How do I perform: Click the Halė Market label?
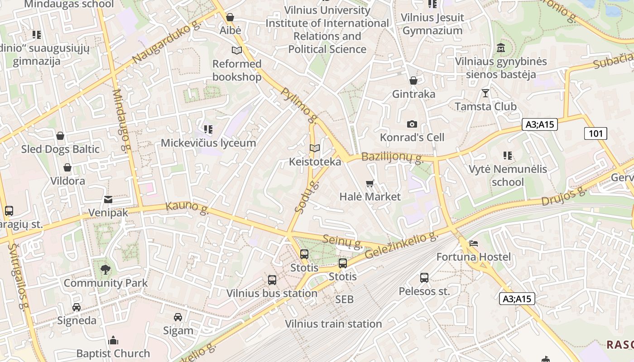click(x=370, y=196)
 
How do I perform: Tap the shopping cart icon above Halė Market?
click(x=370, y=183)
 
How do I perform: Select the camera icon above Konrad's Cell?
click(x=412, y=124)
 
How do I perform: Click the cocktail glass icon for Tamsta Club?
click(x=485, y=93)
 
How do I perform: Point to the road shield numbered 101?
click(x=596, y=133)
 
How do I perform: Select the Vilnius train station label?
click(x=333, y=324)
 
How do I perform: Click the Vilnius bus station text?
click(x=272, y=293)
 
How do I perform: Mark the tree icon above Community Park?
click(x=106, y=270)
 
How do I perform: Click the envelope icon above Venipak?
click(x=108, y=200)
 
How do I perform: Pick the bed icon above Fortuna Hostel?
click(x=474, y=244)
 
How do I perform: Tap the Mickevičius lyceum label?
click(x=208, y=143)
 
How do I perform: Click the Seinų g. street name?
click(x=343, y=241)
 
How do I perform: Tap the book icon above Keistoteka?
click(x=315, y=148)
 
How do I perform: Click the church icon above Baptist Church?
click(x=113, y=340)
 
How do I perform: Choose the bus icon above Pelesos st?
click(x=424, y=277)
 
